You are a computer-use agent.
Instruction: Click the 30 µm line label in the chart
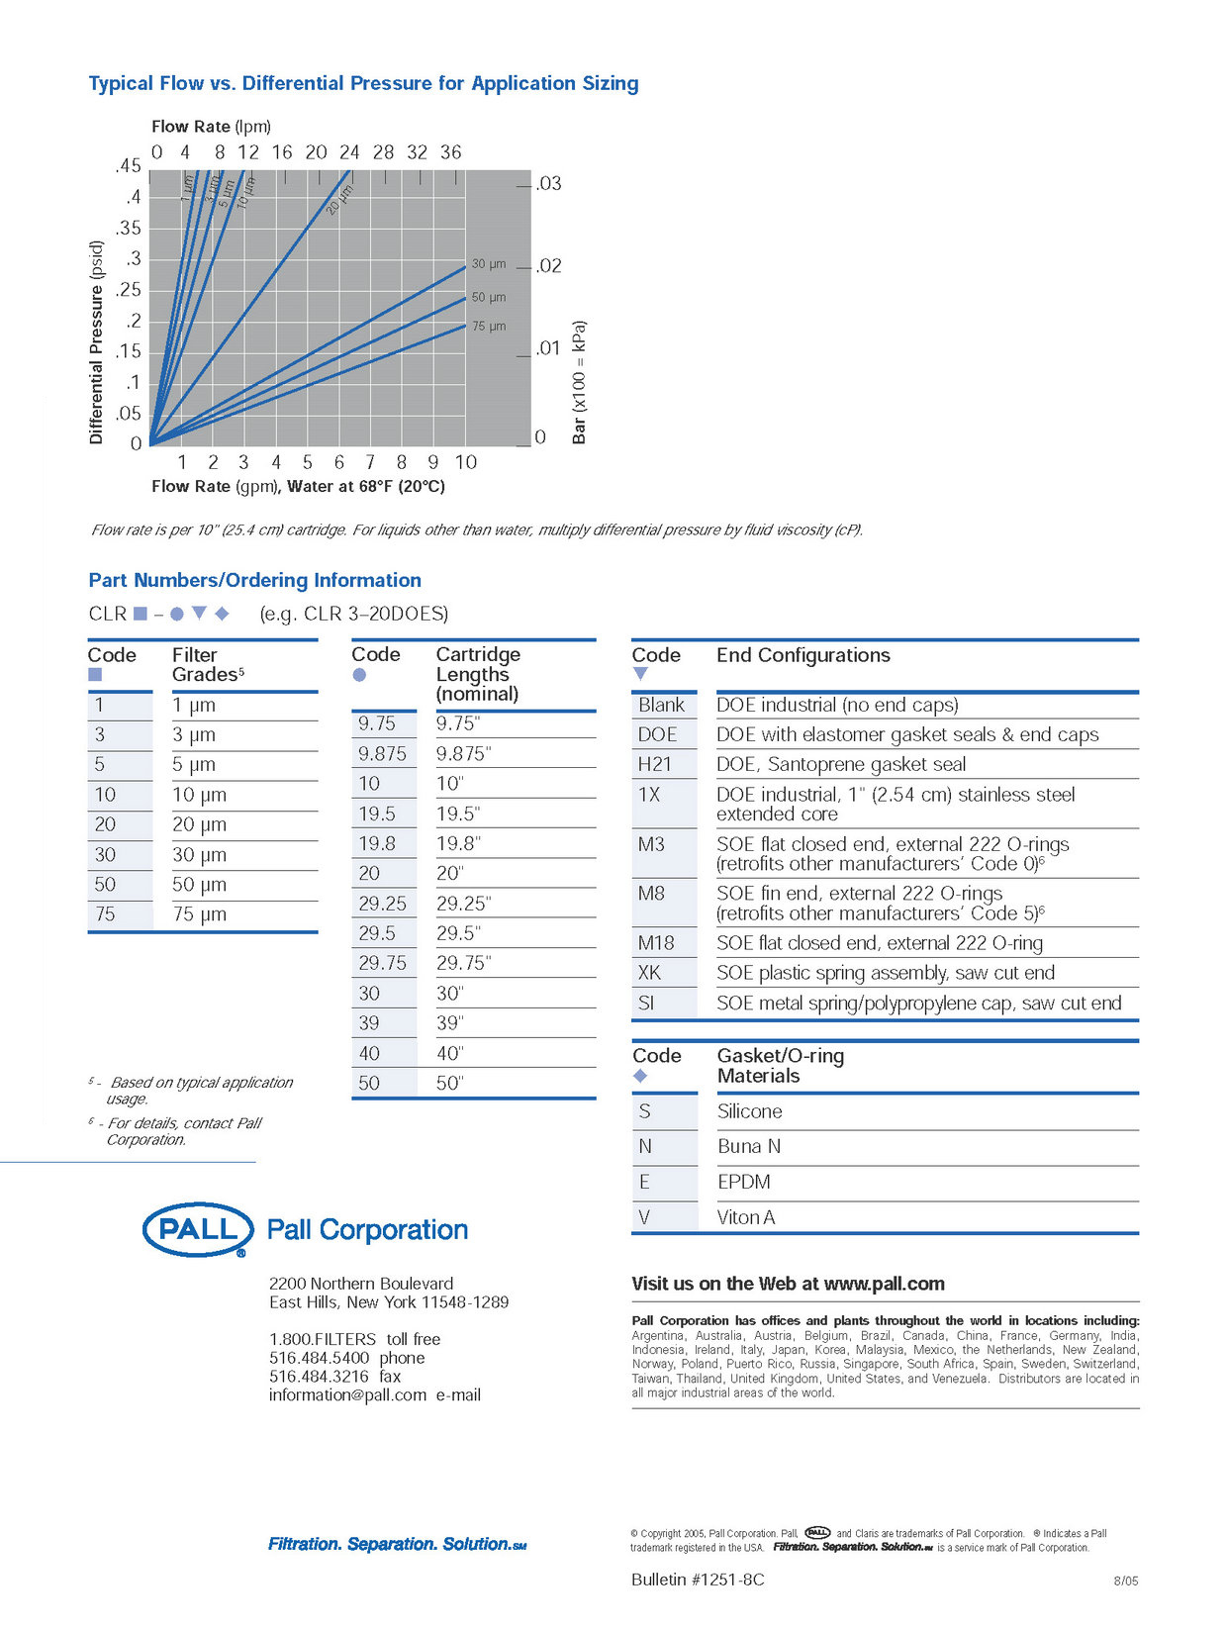click(489, 264)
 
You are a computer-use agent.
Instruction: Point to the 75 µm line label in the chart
click(489, 326)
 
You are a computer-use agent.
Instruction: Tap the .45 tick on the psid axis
click(128, 165)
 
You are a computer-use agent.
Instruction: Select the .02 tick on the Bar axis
click(548, 266)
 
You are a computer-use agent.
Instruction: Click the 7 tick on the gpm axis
click(370, 462)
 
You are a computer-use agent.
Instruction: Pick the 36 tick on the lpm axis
click(450, 152)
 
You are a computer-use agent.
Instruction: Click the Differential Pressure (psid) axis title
click(96, 342)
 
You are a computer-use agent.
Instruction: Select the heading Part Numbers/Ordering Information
click(254, 580)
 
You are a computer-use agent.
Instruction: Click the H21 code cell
click(654, 764)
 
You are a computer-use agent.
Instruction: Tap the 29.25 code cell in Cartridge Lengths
click(382, 904)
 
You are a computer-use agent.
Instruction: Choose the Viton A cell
click(745, 1217)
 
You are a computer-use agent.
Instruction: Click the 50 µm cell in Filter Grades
click(199, 885)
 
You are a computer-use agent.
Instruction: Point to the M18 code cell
click(655, 943)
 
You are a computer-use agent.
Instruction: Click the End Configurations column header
click(803, 655)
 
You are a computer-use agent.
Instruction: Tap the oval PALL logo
click(198, 1230)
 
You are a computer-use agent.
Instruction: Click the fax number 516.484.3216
click(320, 1376)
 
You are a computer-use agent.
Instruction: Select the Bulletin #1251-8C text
click(698, 1580)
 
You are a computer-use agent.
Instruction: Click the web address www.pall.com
click(884, 1284)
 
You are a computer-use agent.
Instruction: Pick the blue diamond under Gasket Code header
click(640, 1076)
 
